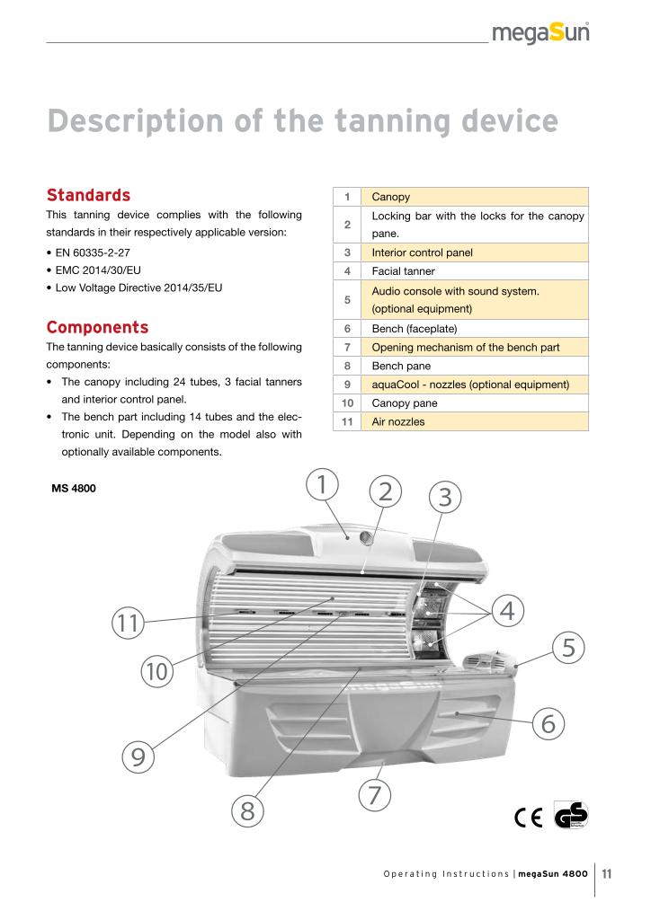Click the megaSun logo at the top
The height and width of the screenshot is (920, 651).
pyautogui.click(x=541, y=36)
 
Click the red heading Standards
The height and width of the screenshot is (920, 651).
pyautogui.click(x=88, y=195)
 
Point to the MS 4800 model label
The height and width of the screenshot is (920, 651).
pyautogui.click(x=76, y=490)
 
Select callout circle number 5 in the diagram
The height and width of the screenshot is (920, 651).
pyautogui.click(x=568, y=646)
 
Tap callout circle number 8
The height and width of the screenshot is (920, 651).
pyautogui.click(x=248, y=811)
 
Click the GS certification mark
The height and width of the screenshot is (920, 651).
pyautogui.click(x=571, y=814)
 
